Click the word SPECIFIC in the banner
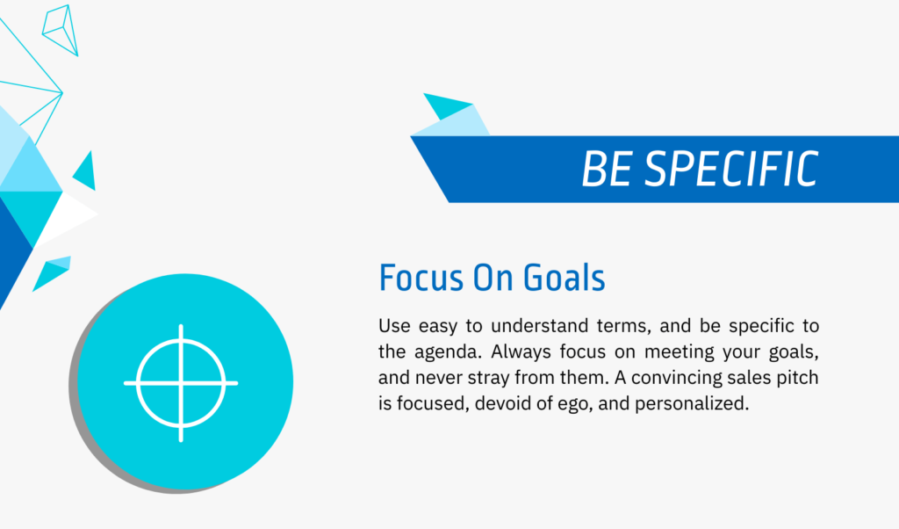732,170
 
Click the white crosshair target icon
181,383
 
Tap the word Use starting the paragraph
394,326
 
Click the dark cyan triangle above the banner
445,105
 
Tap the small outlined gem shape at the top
61,30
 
